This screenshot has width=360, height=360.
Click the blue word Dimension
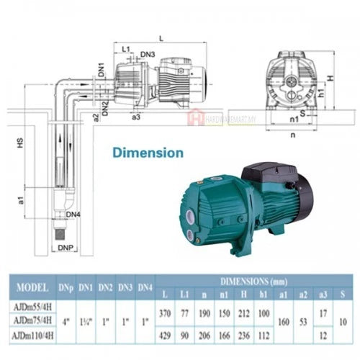pyautogui.click(x=147, y=153)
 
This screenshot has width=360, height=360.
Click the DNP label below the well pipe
pyautogui.click(x=64, y=250)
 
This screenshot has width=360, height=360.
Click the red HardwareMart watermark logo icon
pyautogui.click(x=192, y=117)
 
